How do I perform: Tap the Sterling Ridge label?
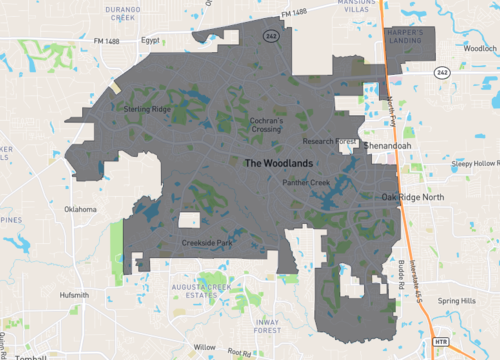144,107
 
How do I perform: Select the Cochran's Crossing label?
267,125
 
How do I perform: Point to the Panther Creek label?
306,183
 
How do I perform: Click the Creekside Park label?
207,243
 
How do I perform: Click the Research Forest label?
333,142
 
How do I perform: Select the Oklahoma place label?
80,210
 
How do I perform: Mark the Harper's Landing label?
406,37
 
